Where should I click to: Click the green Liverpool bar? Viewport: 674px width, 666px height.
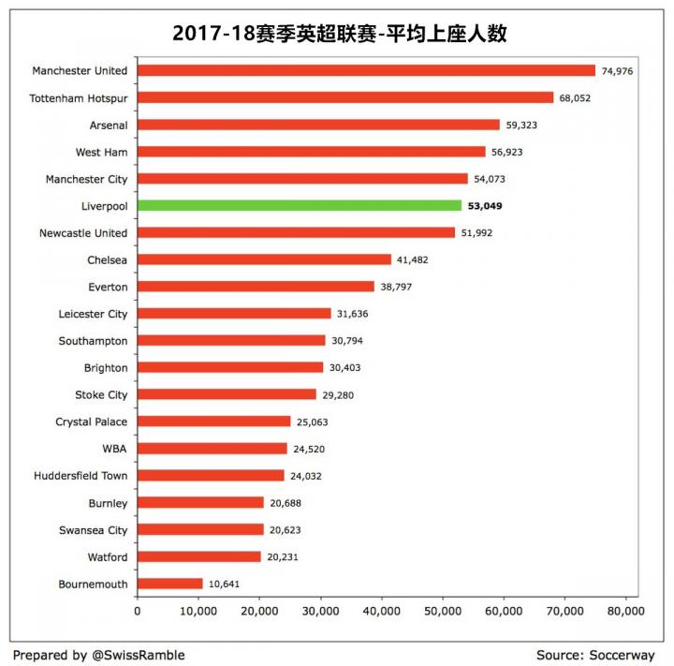tap(300, 205)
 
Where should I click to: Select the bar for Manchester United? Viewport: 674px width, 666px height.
tap(366, 70)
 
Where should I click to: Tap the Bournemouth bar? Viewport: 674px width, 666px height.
tap(170, 584)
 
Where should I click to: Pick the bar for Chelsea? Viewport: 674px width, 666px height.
tap(264, 259)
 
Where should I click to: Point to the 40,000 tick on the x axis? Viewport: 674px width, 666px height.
tap(381, 611)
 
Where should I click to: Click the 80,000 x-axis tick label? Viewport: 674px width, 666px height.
tap(624, 611)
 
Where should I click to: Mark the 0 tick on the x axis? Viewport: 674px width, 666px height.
tap(138, 611)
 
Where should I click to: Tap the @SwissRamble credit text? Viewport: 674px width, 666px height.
tap(138, 655)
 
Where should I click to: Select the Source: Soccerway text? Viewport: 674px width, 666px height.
tap(595, 655)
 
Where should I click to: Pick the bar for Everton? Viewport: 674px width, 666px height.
tap(256, 287)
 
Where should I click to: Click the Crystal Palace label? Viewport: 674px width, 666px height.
tap(92, 422)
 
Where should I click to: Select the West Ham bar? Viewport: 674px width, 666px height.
tap(312, 152)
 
